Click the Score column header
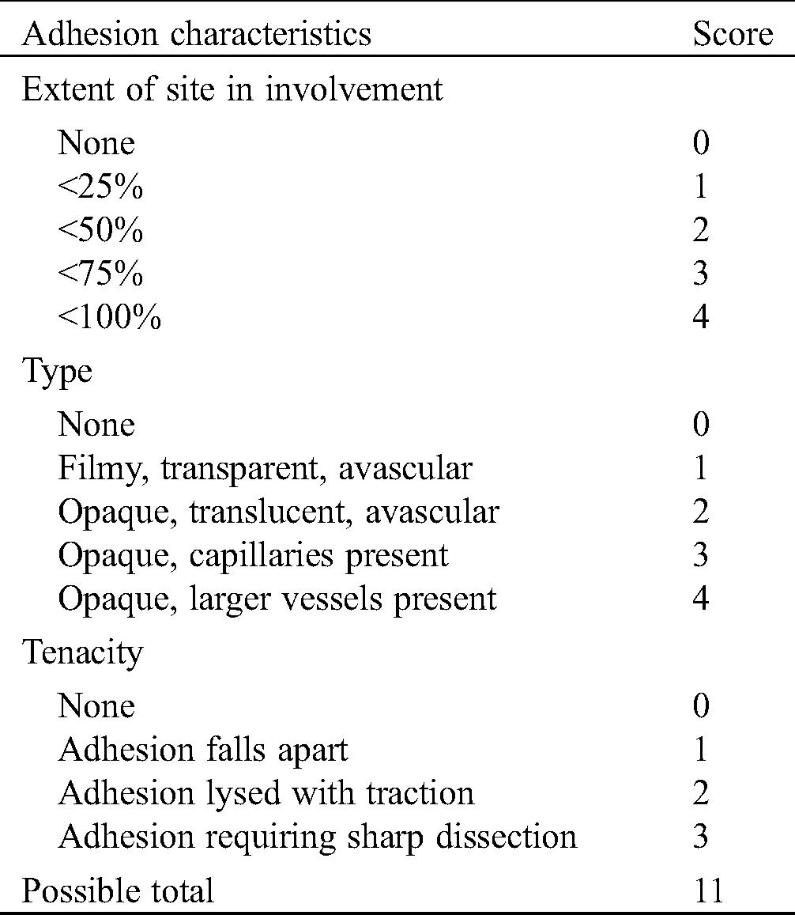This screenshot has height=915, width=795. pos(733,34)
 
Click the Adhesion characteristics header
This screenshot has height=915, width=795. pos(196,34)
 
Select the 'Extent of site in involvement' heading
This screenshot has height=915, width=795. pos(232,89)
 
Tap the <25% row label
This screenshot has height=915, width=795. pos(100,187)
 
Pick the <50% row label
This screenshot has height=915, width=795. pos(100,231)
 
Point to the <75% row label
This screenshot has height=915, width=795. pos(100,274)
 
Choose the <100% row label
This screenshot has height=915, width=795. pos(109,318)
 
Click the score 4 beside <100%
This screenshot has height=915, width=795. pos(700,318)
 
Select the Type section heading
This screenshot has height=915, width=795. pos(57,372)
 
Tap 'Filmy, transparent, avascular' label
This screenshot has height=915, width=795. pos(265,469)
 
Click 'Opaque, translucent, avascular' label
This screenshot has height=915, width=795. pos(278,512)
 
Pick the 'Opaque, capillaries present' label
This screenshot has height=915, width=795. pos(253,555)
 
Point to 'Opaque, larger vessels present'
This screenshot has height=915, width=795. pos(277,599)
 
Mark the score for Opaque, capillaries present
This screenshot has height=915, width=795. pos(700,555)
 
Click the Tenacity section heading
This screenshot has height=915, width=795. pos(83,652)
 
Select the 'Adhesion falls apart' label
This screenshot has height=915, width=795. pos(203,750)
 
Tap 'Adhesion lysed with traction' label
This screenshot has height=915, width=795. pos(266,793)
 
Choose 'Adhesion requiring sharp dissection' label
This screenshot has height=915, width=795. pos(318,837)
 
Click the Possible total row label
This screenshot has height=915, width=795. pos(118,890)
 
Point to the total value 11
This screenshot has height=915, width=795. pos(706,890)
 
